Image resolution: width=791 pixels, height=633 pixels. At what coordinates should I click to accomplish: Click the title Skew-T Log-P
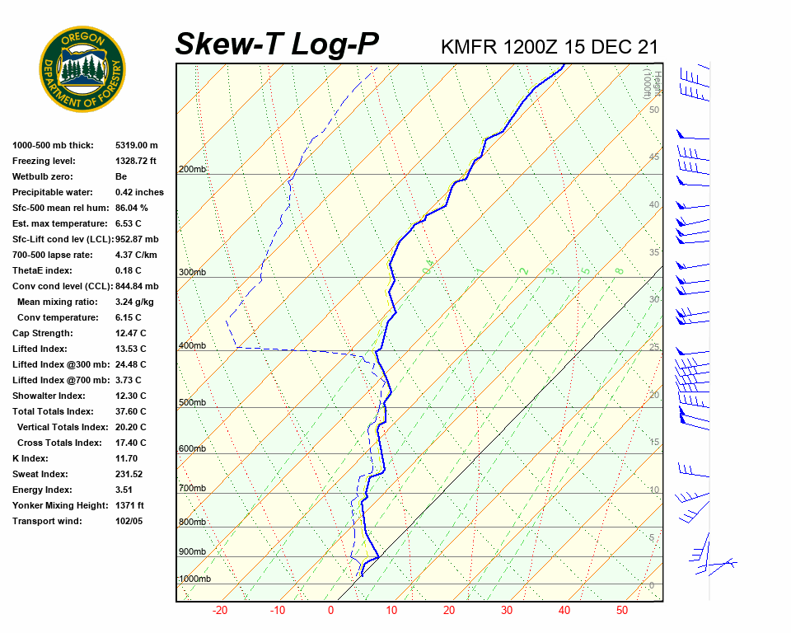tap(278, 44)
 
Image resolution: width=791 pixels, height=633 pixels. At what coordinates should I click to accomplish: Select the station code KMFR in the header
tap(469, 47)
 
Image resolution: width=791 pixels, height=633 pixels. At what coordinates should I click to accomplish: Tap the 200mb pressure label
tap(192, 170)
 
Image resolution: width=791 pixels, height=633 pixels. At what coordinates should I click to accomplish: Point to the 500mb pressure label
tap(192, 403)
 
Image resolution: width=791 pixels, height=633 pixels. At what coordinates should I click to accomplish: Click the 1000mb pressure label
tap(194, 579)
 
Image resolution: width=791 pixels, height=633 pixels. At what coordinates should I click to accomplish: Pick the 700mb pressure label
tap(192, 489)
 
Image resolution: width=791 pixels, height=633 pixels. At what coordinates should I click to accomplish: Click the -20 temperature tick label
tap(220, 611)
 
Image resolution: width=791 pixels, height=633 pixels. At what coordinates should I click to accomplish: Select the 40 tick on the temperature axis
tap(564, 611)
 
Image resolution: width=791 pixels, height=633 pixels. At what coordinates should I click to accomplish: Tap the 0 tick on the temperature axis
tap(330, 611)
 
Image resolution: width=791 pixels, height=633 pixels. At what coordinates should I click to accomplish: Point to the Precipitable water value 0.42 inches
tap(139, 192)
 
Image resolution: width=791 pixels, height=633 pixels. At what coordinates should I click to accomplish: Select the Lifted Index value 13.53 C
tap(130, 349)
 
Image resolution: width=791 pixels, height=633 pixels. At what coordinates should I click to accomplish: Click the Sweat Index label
tap(40, 474)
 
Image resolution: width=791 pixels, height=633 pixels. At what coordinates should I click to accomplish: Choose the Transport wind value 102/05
tap(129, 521)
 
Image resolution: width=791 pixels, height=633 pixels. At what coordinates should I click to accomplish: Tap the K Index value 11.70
tap(126, 458)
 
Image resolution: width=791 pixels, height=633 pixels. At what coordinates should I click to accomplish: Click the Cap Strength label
tap(42, 333)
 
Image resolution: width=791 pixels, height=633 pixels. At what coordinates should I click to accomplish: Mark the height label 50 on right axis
tap(653, 110)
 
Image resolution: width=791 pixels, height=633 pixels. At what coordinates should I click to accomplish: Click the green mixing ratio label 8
tap(619, 270)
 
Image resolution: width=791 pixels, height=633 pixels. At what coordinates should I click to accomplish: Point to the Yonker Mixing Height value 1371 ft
tap(129, 505)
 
